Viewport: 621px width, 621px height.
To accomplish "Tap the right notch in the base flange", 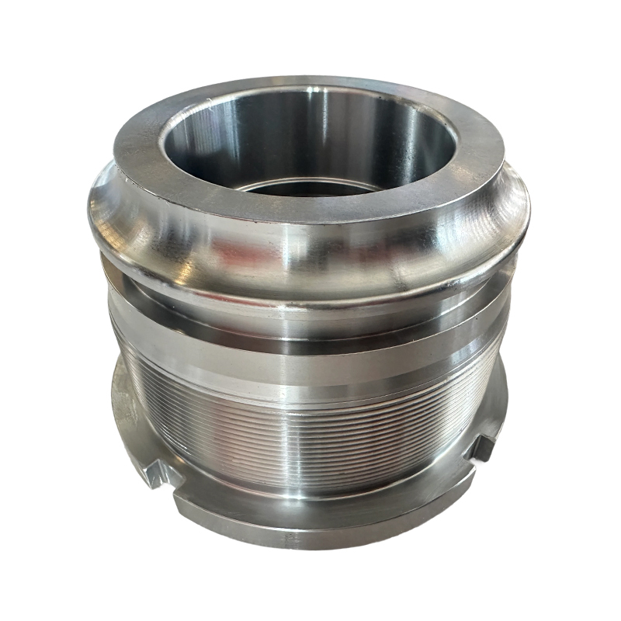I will coord(482,448).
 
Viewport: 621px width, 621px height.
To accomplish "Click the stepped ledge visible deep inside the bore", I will coord(310,186).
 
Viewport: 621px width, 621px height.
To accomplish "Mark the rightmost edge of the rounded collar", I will coord(529,210).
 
